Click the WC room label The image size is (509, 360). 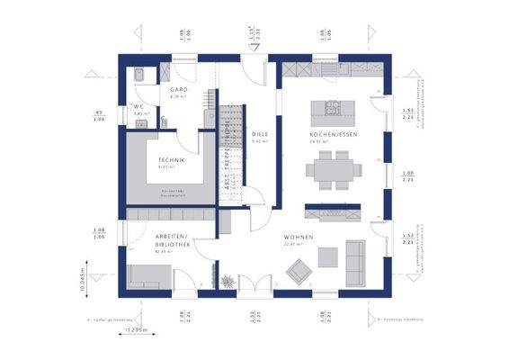(138, 105)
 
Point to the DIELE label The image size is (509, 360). (261, 133)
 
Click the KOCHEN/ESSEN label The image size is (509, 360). (334, 134)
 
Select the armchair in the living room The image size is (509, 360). (297, 269)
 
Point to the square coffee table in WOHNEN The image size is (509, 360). (328, 257)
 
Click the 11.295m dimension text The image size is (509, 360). (138, 330)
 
